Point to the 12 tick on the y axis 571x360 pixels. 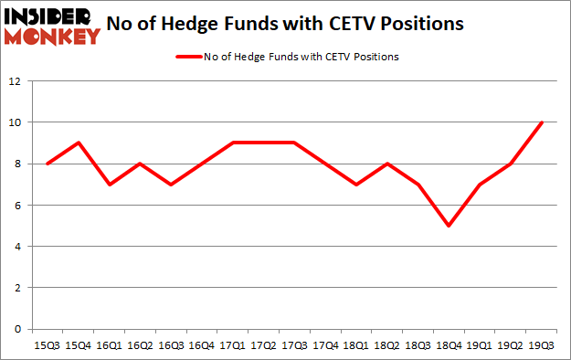coord(16,81)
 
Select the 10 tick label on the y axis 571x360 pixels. coord(16,122)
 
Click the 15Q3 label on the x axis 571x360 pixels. coord(46,345)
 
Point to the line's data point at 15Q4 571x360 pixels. coord(78,143)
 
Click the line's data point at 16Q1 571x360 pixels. coord(109,185)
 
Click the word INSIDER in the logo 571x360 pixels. coord(53,16)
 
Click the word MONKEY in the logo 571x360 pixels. coord(53,37)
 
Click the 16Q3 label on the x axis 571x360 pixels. coord(172,345)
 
